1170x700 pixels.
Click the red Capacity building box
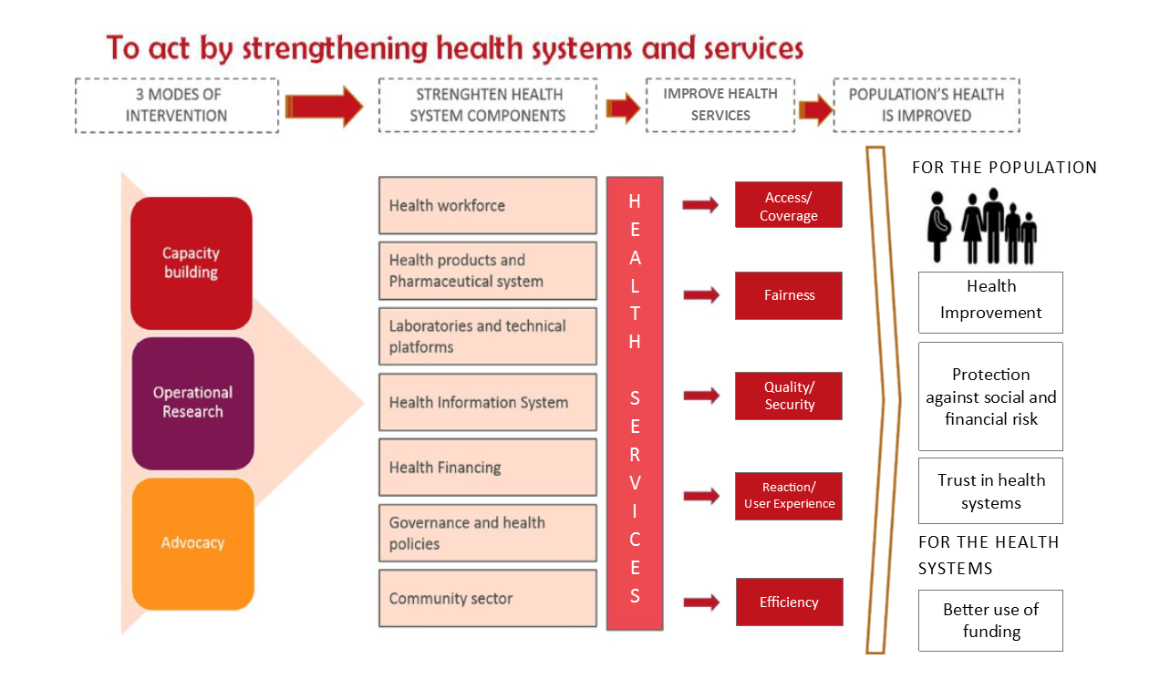pyautogui.click(x=192, y=263)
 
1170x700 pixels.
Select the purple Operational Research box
pyautogui.click(x=192, y=403)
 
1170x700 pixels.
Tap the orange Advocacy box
pyautogui.click(x=192, y=543)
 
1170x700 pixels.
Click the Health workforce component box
pyautogui.click(x=487, y=205)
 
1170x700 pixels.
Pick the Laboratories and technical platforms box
pyautogui.click(x=487, y=336)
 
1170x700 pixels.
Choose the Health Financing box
pyautogui.click(x=487, y=468)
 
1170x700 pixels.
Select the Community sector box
pyautogui.click(x=487, y=598)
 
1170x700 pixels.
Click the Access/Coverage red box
pyautogui.click(x=789, y=205)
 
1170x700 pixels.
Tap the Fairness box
pyautogui.click(x=789, y=295)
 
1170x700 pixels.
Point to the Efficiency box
pyautogui.click(x=789, y=602)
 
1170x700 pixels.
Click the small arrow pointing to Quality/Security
pyautogui.click(x=701, y=396)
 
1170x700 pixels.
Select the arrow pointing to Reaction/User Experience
pyautogui.click(x=701, y=495)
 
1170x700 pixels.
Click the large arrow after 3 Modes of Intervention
pyautogui.click(x=324, y=107)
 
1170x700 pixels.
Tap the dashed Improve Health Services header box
pyautogui.click(x=720, y=105)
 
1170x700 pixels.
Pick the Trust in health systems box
pyautogui.click(x=990, y=490)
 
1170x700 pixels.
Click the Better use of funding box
pyautogui.click(x=990, y=621)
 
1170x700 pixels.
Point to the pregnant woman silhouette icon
pyautogui.click(x=938, y=227)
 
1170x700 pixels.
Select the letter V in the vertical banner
pyautogui.click(x=635, y=483)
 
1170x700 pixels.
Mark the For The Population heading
pyautogui.click(x=1004, y=168)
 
